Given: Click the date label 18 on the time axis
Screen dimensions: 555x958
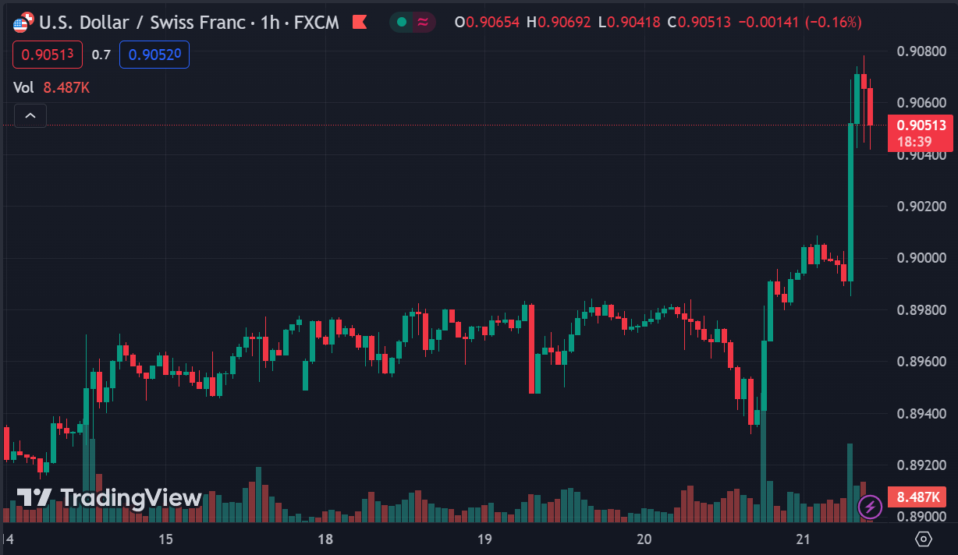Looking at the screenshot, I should pyautogui.click(x=325, y=539).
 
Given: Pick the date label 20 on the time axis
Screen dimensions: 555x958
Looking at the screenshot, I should pyautogui.click(x=644, y=539).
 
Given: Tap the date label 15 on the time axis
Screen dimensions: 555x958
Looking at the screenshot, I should pyautogui.click(x=165, y=539).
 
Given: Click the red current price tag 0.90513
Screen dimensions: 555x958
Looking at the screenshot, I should pyautogui.click(x=921, y=125).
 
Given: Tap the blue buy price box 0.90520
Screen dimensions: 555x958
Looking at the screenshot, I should pyautogui.click(x=154, y=55).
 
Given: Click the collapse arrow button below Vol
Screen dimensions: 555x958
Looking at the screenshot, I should pyautogui.click(x=30, y=116).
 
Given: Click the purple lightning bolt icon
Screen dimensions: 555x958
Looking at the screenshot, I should pyautogui.click(x=870, y=507).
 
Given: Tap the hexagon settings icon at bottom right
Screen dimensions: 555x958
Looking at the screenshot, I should pyautogui.click(x=924, y=539).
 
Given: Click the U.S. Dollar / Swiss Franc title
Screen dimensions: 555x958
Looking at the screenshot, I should pyautogui.click(x=148, y=22).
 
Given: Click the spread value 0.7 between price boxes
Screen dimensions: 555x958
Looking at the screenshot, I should pyautogui.click(x=101, y=55).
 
